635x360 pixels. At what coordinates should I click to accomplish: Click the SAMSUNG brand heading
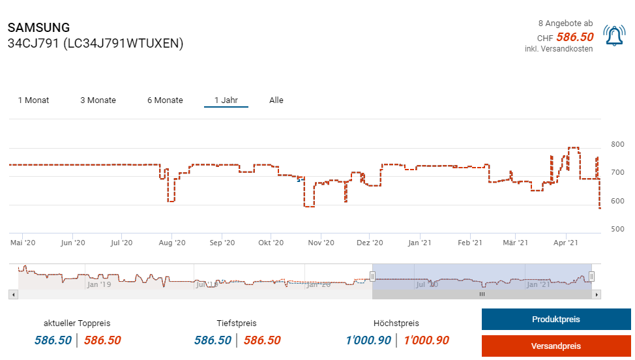[38, 28]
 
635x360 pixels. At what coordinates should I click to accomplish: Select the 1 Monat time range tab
[33, 100]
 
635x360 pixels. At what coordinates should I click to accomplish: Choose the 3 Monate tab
[98, 100]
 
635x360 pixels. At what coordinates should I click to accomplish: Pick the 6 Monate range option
[165, 100]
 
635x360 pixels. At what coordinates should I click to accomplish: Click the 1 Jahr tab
[226, 100]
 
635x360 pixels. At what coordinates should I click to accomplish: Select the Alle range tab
[276, 100]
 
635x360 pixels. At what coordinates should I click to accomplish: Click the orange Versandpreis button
[556, 346]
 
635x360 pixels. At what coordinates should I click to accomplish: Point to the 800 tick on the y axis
[617, 144]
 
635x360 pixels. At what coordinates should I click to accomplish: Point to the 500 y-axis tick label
[617, 229]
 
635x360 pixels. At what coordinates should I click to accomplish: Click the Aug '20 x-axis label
[172, 243]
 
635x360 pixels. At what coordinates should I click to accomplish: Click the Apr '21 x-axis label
[565, 243]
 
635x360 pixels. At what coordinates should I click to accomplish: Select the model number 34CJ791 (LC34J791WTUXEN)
[95, 44]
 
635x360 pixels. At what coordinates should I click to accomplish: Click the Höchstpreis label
[396, 323]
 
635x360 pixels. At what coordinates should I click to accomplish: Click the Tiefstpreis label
[237, 323]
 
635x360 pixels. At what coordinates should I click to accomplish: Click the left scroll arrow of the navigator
[12, 295]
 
